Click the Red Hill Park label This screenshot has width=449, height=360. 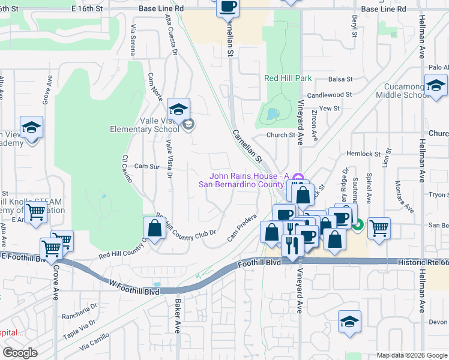[288, 78]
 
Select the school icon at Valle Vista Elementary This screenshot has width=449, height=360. [178, 110]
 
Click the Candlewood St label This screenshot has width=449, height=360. [329, 95]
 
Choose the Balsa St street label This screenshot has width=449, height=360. [340, 79]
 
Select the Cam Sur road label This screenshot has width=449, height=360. [146, 166]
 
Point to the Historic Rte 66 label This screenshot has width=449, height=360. [423, 263]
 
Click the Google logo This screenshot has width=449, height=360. [20, 353]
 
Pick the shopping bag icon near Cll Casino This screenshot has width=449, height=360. [154, 228]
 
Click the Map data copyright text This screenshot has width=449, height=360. [411, 355]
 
